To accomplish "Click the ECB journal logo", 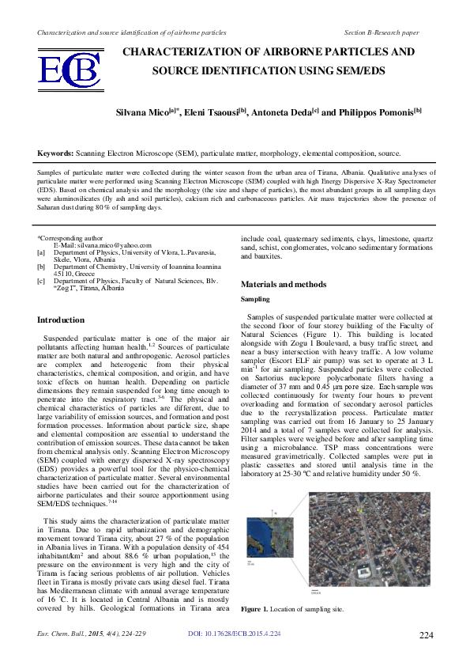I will (x=70, y=70).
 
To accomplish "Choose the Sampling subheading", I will (x=255, y=300).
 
